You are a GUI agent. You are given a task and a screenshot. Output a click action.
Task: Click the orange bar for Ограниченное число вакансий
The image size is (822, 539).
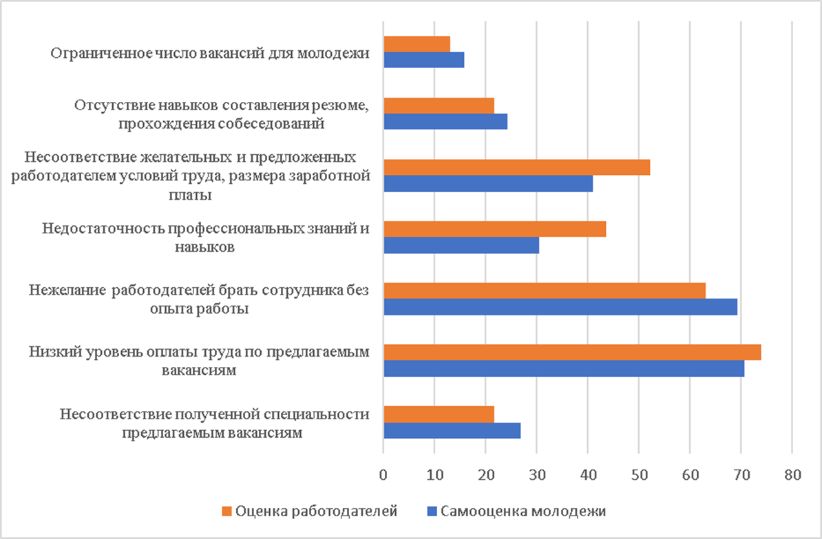417,44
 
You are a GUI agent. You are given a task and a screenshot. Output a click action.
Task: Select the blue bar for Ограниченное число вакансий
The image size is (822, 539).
423,60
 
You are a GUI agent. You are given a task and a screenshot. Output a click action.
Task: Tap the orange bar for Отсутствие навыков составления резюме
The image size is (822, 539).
439,105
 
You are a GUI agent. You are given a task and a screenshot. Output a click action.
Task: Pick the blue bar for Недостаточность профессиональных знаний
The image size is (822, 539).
461,245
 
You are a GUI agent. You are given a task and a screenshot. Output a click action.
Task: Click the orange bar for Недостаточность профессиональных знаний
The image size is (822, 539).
494,229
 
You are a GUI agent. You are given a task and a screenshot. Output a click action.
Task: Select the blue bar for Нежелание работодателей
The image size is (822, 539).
560,307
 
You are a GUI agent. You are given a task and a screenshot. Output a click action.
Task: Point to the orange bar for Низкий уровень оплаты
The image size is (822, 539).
571,352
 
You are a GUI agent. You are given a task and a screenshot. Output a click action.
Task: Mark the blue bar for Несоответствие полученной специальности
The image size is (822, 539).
452,430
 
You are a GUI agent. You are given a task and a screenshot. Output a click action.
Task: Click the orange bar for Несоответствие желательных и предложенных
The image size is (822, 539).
516,168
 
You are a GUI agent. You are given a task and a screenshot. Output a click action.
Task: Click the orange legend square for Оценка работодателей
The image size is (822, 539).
226,511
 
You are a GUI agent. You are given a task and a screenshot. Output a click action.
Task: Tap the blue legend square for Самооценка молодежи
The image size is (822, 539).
432,511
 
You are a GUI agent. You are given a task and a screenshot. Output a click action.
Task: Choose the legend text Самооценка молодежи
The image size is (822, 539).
523,511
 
